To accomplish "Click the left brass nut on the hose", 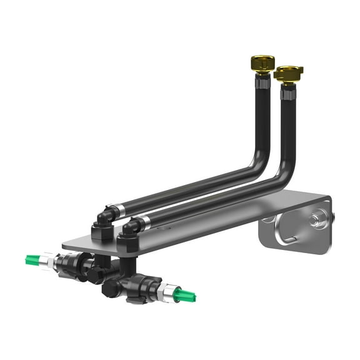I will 261,62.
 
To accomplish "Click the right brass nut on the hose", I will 288,74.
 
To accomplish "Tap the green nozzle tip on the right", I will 186,294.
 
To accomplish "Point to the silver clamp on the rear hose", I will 112,211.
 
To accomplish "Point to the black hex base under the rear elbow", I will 102,232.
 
